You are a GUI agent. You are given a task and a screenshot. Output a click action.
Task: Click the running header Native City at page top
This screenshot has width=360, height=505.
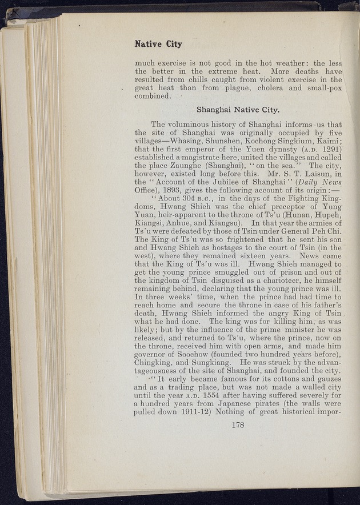[158, 44]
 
